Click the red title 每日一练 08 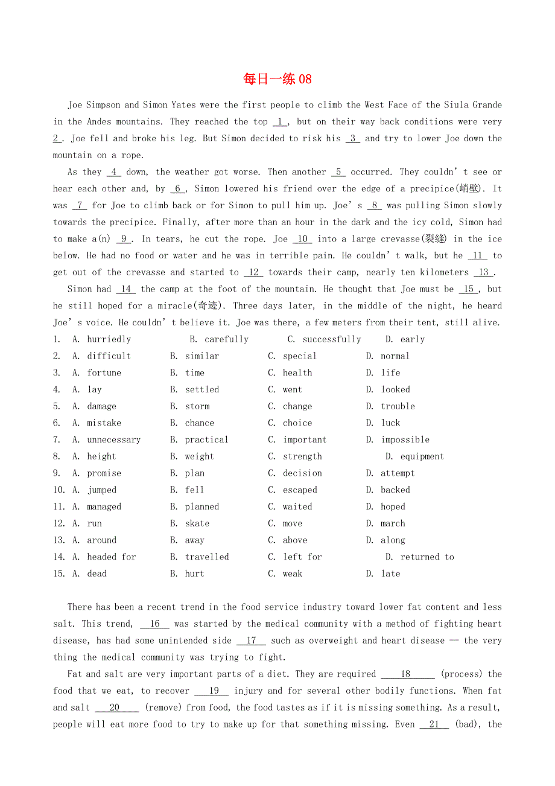point(277,79)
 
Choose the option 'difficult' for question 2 point(109,356)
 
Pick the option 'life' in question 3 point(390,373)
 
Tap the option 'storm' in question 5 point(197,406)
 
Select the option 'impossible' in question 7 point(405,440)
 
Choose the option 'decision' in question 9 point(302,473)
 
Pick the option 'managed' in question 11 point(104,507)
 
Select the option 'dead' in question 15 point(97,574)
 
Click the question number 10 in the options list point(59,490)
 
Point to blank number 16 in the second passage point(154,624)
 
